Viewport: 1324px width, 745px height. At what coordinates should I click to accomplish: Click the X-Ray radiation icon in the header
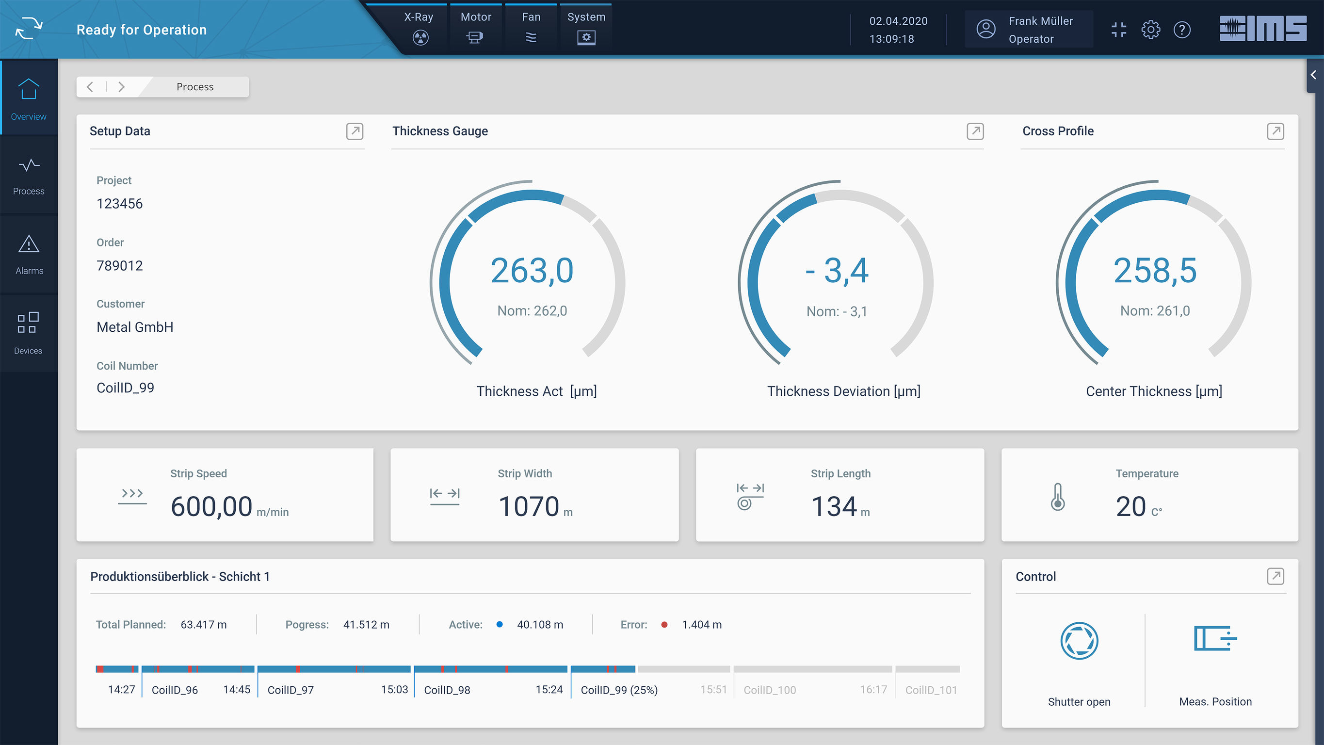pos(420,37)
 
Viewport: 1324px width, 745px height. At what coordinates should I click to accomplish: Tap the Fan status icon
pos(531,37)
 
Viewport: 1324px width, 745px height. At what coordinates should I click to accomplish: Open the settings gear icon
pos(1150,30)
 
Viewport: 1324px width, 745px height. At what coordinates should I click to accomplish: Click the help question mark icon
pos(1181,30)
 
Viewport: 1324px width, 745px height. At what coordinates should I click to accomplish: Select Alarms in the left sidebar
pos(29,255)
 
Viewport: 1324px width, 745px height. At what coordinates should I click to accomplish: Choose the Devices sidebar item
pos(28,333)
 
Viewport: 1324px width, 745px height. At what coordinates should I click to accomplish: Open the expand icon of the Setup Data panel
pos(354,131)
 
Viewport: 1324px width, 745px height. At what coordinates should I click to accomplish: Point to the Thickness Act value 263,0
pos(532,271)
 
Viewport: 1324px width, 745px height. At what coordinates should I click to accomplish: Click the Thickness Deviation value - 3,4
pos(837,271)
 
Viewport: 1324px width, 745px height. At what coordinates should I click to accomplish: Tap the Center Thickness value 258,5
pos(1155,271)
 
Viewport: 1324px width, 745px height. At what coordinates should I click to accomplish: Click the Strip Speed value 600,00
pos(211,506)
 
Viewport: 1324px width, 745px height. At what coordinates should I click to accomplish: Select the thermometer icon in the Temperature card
pos(1057,497)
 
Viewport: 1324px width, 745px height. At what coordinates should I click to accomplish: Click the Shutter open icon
pos(1079,641)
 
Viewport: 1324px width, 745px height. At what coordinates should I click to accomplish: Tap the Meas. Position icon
pos(1214,639)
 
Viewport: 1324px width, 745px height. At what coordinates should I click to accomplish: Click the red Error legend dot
pos(664,625)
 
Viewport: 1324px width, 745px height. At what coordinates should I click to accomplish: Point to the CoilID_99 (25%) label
pos(619,690)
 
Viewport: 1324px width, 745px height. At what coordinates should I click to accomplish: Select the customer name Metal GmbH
pos(135,327)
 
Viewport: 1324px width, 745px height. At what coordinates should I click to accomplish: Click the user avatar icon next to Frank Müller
pos(985,29)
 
